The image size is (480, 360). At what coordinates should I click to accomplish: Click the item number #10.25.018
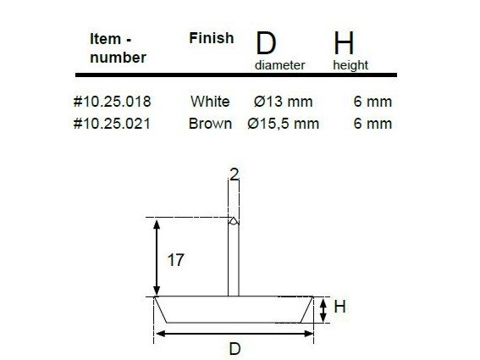[x=113, y=102]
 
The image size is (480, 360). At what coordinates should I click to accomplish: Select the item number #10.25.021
[x=112, y=124]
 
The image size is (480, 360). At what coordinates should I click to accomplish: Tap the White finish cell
[x=210, y=102]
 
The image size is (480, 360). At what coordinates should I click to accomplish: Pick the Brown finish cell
[x=210, y=124]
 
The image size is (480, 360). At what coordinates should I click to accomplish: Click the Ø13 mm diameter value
[x=283, y=102]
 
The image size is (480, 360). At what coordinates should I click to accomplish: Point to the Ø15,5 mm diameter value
[x=283, y=124]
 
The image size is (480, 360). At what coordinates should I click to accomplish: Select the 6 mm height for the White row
[x=372, y=102]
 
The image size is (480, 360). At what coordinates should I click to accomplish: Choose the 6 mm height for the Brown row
[x=372, y=124]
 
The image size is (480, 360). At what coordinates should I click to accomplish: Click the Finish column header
[x=212, y=38]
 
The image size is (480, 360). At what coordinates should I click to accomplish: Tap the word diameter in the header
[x=280, y=65]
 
